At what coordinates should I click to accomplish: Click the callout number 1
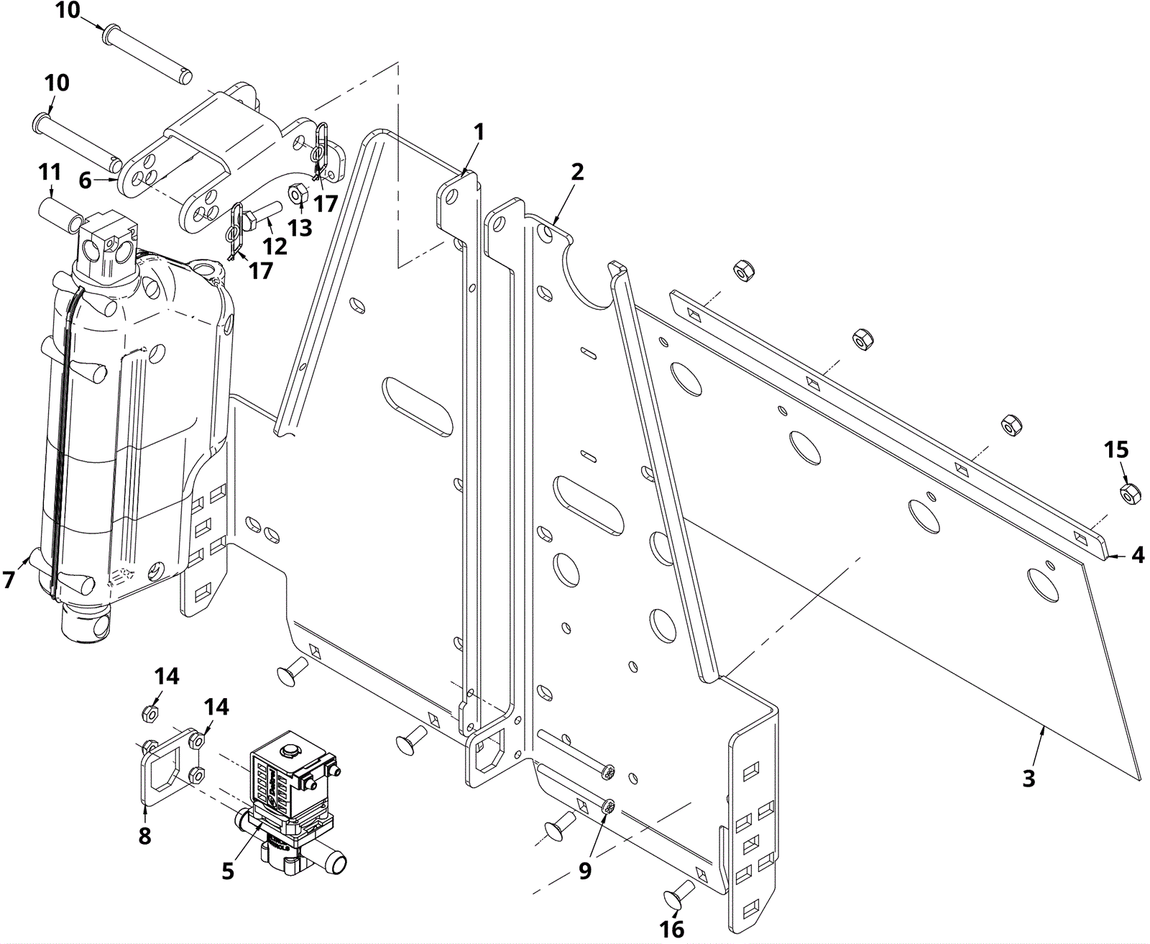pos(479,133)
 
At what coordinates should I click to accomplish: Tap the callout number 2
pos(577,172)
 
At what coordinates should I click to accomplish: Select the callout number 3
pos(1029,778)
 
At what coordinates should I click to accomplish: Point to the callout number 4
pos(1138,555)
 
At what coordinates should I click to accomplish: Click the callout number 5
pos(228,871)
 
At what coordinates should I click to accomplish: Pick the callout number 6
pos(85,180)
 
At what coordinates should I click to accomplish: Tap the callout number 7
pos(9,579)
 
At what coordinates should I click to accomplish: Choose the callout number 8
pos(145,835)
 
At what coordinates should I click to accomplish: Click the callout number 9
pos(585,871)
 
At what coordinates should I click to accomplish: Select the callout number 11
pos(50,173)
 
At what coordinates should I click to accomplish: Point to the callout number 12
pos(275,246)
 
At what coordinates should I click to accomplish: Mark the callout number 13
pos(300,227)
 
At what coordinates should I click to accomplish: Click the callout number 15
pos(1116,450)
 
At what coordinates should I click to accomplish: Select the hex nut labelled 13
pos(298,193)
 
